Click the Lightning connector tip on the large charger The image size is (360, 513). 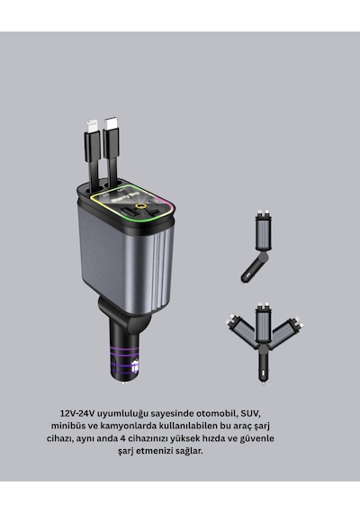(x=91, y=126)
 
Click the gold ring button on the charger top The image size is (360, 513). (x=141, y=206)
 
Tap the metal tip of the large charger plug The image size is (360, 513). (x=123, y=382)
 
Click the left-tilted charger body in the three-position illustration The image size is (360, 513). (x=241, y=329)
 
